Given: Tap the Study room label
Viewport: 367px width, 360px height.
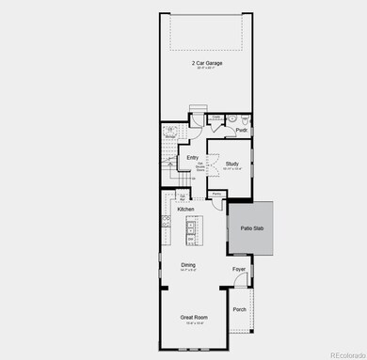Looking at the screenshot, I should [x=231, y=164].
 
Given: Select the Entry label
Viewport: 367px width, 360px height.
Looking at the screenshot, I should [x=192, y=157].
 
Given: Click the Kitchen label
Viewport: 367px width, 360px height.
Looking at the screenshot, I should [x=185, y=209].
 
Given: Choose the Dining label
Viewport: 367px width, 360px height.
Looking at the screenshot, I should [x=188, y=265].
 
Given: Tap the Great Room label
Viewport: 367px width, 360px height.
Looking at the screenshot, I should [x=193, y=318].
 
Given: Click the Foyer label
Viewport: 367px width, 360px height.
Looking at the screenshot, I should [x=239, y=269].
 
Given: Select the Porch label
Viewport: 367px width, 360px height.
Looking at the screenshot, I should [x=240, y=309].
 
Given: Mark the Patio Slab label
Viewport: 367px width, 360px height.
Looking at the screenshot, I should [x=249, y=228].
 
